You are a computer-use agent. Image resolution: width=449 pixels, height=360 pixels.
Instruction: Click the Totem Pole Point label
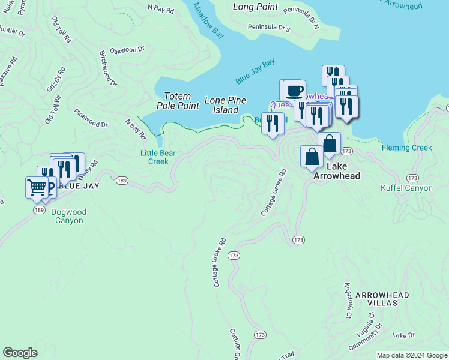[178, 101]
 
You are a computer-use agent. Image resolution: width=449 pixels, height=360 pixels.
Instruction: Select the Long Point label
[256, 7]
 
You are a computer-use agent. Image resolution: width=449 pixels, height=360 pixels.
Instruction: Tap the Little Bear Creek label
[158, 157]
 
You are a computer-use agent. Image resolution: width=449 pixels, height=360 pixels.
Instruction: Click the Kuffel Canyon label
[406, 188]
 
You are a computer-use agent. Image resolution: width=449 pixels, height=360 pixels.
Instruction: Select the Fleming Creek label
[406, 148]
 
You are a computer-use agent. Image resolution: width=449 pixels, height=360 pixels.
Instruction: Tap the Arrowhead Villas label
[382, 299]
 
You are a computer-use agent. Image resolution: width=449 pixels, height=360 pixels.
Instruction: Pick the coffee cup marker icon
[294, 91]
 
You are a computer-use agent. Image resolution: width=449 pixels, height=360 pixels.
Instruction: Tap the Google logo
[20, 353]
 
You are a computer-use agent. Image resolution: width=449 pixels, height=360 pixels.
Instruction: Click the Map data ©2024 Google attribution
[412, 355]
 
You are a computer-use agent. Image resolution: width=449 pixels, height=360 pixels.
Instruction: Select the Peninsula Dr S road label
[270, 28]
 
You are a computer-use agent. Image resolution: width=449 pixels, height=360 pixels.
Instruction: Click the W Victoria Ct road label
[347, 300]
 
